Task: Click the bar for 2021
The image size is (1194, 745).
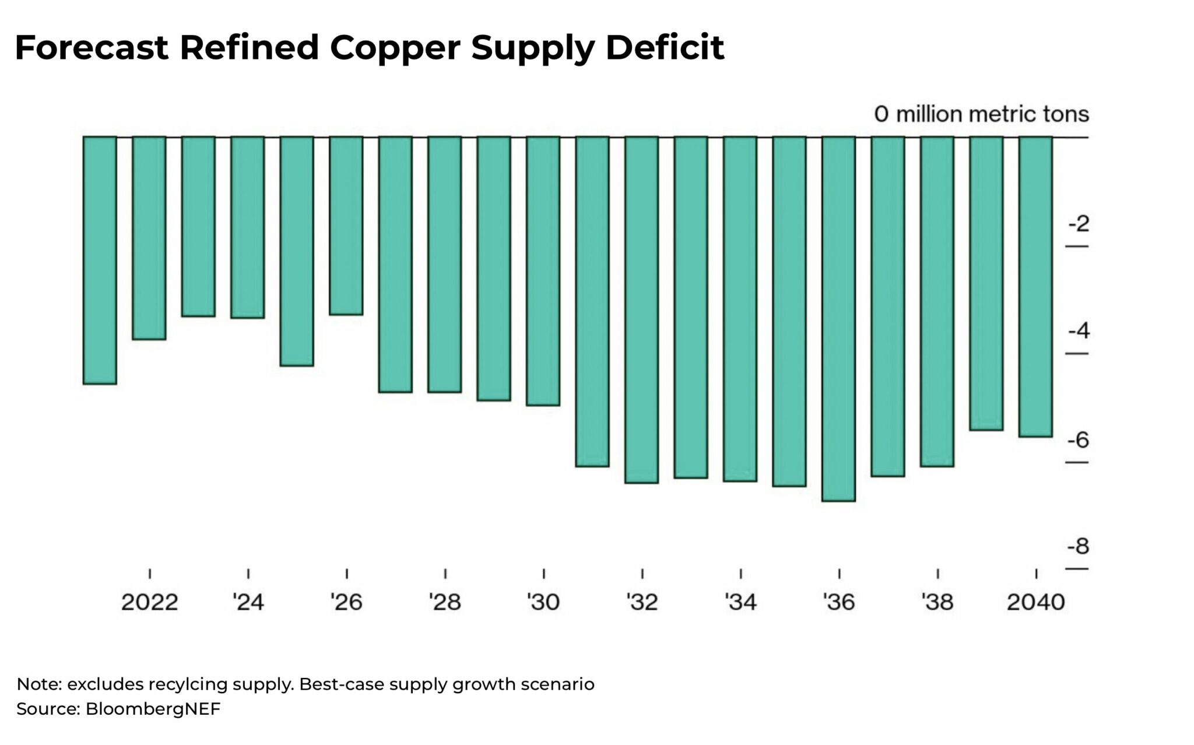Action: (100, 260)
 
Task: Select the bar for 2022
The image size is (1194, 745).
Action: (149, 238)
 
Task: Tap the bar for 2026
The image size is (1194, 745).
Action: (346, 226)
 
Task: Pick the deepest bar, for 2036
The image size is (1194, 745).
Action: (838, 318)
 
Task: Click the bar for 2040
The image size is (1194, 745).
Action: (1035, 286)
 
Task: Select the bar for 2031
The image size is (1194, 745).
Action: (592, 301)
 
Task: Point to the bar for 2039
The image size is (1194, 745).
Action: (986, 283)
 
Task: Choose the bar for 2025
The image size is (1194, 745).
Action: (297, 251)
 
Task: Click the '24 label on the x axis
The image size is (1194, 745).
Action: (248, 602)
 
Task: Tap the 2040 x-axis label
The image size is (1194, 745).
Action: (1035, 602)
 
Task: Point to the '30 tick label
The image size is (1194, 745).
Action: (543, 602)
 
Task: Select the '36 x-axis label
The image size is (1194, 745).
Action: (838, 602)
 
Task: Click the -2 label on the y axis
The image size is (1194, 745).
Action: (1078, 224)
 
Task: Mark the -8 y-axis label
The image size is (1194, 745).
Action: (1078, 547)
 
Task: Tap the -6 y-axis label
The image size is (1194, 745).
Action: (1078, 440)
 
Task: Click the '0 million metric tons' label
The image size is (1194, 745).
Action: (981, 114)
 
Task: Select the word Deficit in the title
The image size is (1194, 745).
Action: (665, 48)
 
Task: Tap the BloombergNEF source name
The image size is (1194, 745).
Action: (153, 709)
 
